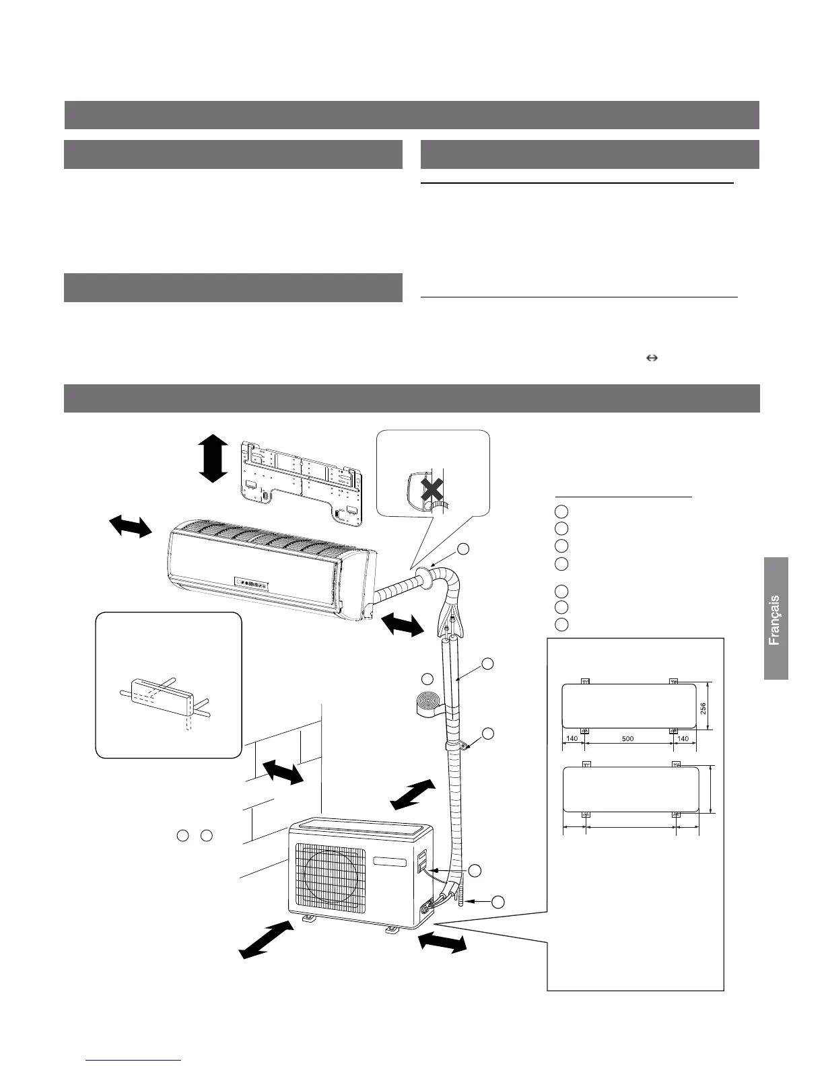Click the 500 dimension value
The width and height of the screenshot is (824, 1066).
627,738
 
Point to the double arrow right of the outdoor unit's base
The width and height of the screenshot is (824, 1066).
442,941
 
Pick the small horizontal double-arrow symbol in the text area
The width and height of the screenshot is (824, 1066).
651,359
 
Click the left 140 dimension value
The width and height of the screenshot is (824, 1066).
573,738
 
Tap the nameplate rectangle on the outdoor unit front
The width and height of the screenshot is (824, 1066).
389,861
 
